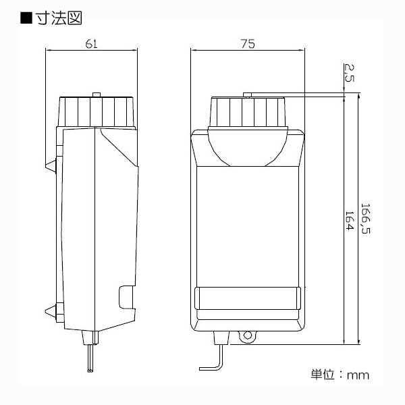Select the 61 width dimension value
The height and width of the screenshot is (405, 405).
[92, 44]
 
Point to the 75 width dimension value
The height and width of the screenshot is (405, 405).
[247, 44]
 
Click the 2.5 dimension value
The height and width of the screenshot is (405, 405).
[348, 72]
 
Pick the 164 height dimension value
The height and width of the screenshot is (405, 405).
[349, 221]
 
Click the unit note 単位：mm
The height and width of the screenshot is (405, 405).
[340, 373]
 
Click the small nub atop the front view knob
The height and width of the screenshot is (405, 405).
[247, 96]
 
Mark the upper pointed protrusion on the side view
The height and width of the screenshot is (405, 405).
[51, 164]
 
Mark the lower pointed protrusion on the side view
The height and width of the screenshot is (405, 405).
[50, 311]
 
